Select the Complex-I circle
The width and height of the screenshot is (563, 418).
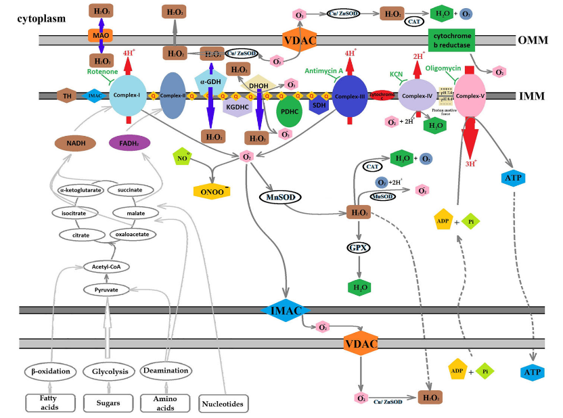click(x=128, y=96)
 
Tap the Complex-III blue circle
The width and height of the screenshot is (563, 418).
click(x=349, y=96)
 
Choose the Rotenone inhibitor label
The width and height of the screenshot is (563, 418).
click(x=102, y=72)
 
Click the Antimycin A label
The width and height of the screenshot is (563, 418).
click(x=324, y=70)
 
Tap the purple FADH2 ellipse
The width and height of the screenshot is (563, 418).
click(x=129, y=143)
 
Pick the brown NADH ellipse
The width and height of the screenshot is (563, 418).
click(x=75, y=143)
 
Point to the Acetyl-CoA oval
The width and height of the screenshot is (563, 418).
click(x=107, y=267)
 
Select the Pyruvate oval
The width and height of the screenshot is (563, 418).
click(x=106, y=289)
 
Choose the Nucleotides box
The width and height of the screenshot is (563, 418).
click(x=222, y=404)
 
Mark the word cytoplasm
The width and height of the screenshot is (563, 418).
click(x=41, y=18)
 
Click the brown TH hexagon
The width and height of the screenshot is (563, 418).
click(x=67, y=96)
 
